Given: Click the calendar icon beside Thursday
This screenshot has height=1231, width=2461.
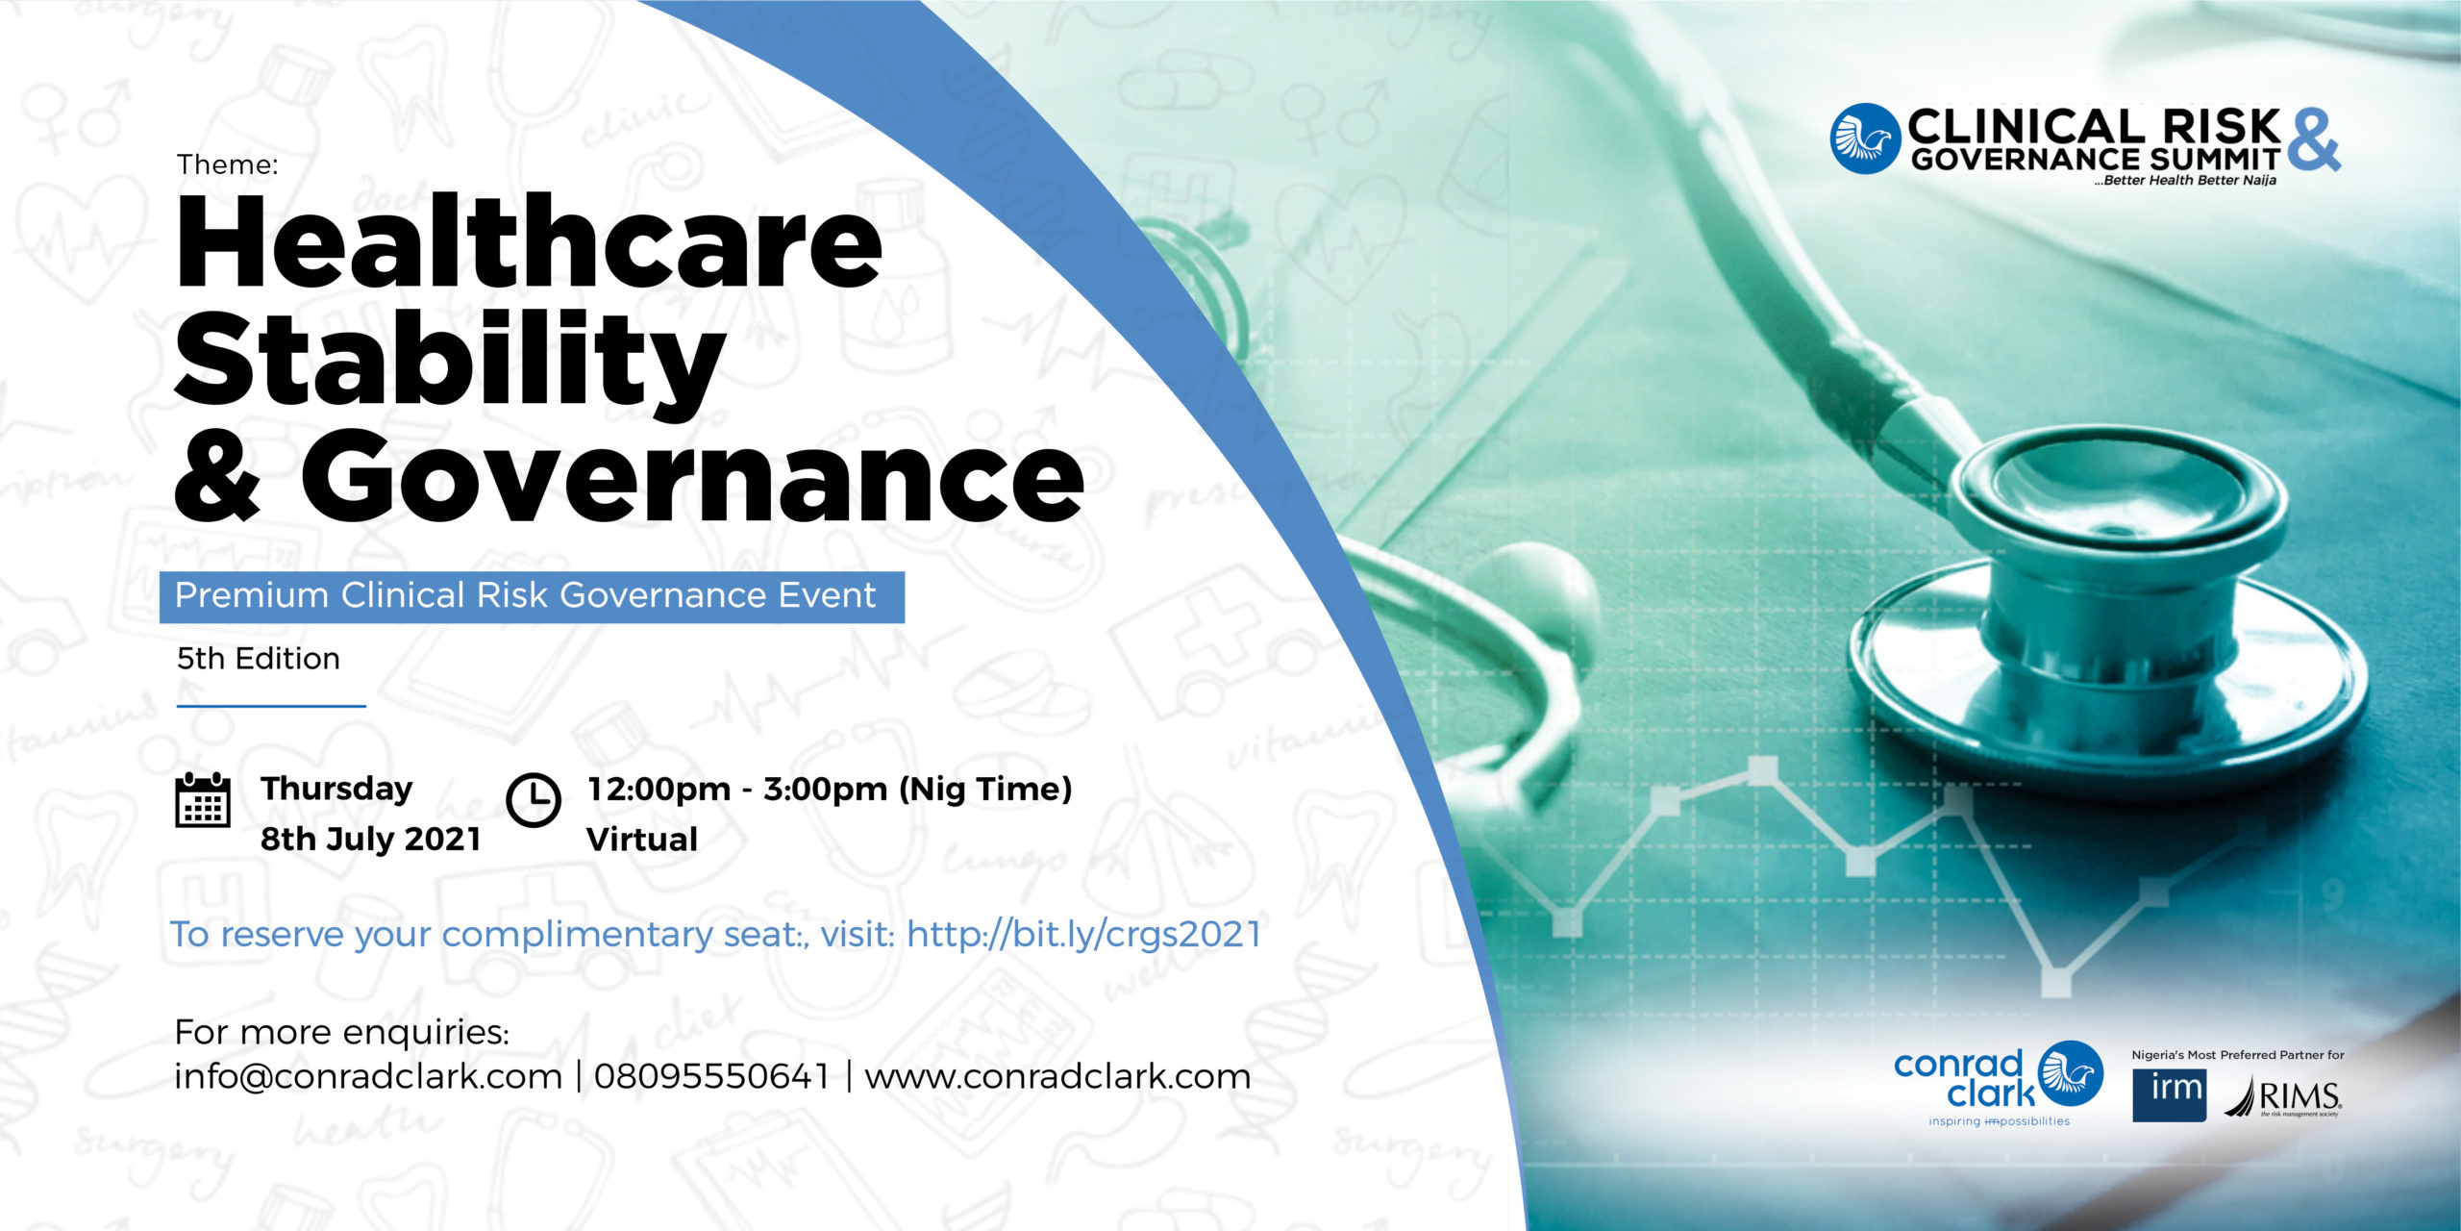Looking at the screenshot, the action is tap(203, 799).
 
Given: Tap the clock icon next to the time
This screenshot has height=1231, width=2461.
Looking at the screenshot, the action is tap(534, 799).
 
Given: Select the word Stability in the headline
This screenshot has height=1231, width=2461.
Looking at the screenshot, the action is tap(450, 364).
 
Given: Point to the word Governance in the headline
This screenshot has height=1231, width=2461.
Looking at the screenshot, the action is tap(692, 476).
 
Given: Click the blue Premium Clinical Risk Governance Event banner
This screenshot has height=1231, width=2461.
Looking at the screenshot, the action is tap(532, 596).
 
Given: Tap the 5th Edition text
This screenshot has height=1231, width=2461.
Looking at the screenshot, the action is tap(258, 659).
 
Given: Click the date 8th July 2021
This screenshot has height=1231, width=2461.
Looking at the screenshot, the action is tap(370, 840).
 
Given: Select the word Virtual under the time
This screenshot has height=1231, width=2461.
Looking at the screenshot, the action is tap(642, 840).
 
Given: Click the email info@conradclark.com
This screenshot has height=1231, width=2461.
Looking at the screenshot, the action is tap(368, 1076).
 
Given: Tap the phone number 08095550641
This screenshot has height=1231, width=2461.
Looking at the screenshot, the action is tap(711, 1076).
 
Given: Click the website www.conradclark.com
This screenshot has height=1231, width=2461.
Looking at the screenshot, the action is tap(1057, 1076).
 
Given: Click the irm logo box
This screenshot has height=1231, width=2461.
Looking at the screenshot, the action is tap(2169, 1094).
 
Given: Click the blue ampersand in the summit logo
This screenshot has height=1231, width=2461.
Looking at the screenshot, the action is tap(2313, 140).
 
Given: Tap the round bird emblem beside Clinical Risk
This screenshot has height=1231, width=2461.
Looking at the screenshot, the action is tap(1865, 138).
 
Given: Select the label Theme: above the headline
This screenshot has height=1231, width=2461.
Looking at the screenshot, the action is tap(228, 164).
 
